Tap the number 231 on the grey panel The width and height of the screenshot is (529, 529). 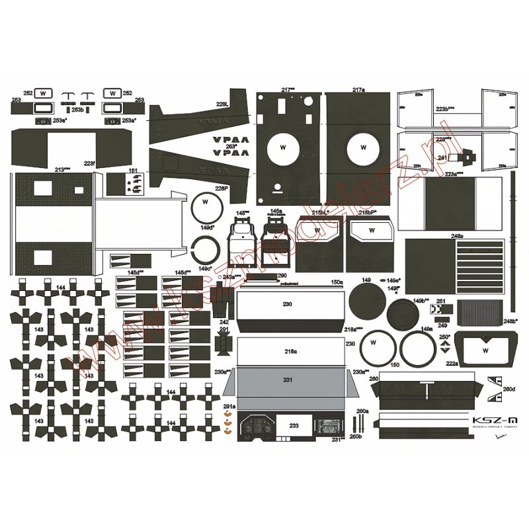[x=287, y=380]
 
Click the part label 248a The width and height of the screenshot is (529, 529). [x=456, y=235]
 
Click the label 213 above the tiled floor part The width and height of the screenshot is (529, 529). [x=63, y=170]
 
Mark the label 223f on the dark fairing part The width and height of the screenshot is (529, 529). [x=89, y=163]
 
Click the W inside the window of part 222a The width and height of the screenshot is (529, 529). [x=485, y=350]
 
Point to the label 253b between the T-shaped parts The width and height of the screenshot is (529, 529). [x=77, y=110]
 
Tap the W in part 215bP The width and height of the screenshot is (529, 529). [x=372, y=230]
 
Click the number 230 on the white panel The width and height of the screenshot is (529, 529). [x=287, y=305]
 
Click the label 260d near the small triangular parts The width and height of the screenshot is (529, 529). [x=508, y=389]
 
